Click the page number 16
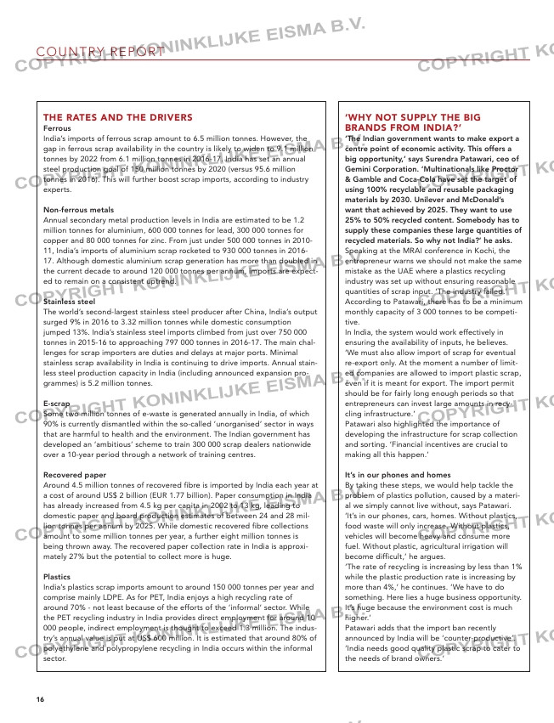(x=40, y=698)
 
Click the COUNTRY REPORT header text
(x=101, y=52)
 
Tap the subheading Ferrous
(x=57, y=128)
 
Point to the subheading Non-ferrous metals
(x=78, y=209)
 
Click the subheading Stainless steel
(x=69, y=301)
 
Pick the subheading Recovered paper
(x=75, y=474)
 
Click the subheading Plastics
(x=57, y=576)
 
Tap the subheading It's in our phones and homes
(x=399, y=474)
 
